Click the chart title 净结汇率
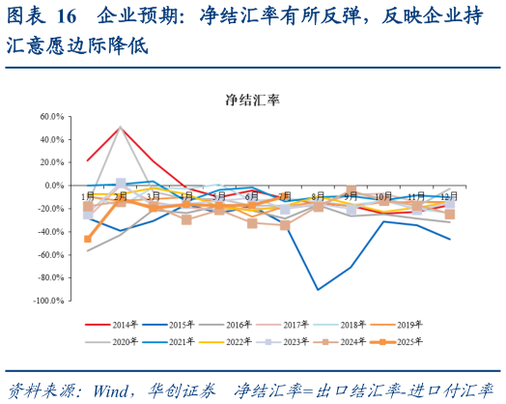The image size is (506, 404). [x=252, y=100]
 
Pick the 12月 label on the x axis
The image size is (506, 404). [x=449, y=196]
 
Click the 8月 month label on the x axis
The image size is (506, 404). [x=318, y=196]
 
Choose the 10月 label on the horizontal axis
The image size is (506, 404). [x=383, y=196]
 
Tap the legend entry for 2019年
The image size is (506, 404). [x=408, y=324]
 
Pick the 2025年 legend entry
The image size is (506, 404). [x=408, y=341]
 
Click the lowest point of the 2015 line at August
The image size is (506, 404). [x=318, y=289]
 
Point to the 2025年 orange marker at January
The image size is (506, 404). [x=88, y=239]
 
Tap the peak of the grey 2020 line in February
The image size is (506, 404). [x=121, y=127]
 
